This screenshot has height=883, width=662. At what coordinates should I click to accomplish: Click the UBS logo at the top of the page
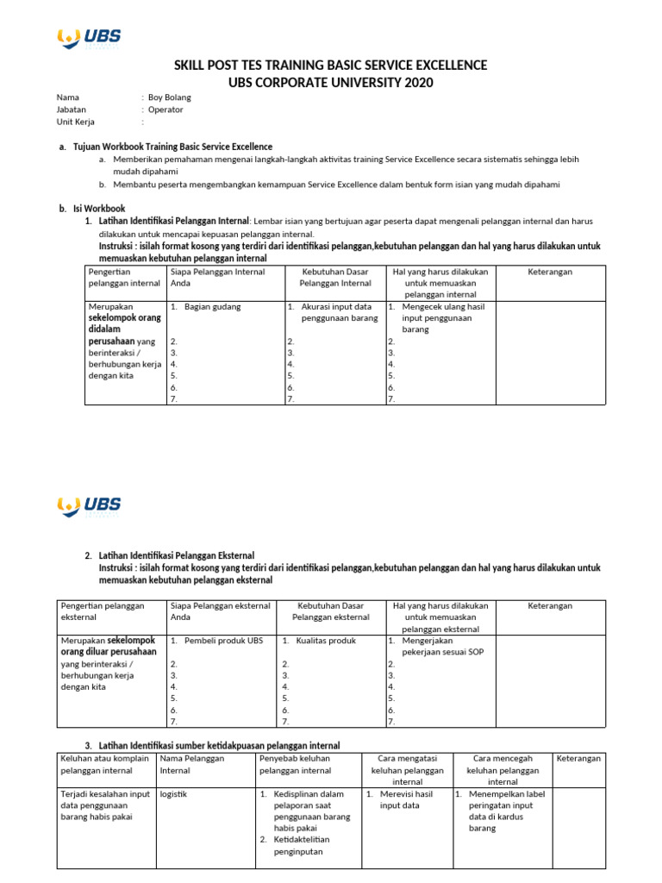click(88, 37)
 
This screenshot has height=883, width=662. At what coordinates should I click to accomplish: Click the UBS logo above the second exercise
click(88, 506)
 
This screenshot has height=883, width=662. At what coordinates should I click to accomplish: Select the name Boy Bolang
click(170, 97)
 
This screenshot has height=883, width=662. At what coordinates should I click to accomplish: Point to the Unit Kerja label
click(76, 122)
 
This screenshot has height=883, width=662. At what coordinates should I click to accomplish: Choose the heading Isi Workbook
click(99, 208)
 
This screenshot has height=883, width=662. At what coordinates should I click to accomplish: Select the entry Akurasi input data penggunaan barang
click(336, 312)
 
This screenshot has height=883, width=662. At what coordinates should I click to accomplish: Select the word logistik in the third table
click(174, 793)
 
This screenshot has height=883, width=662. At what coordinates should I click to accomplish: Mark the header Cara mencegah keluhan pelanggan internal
click(503, 769)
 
